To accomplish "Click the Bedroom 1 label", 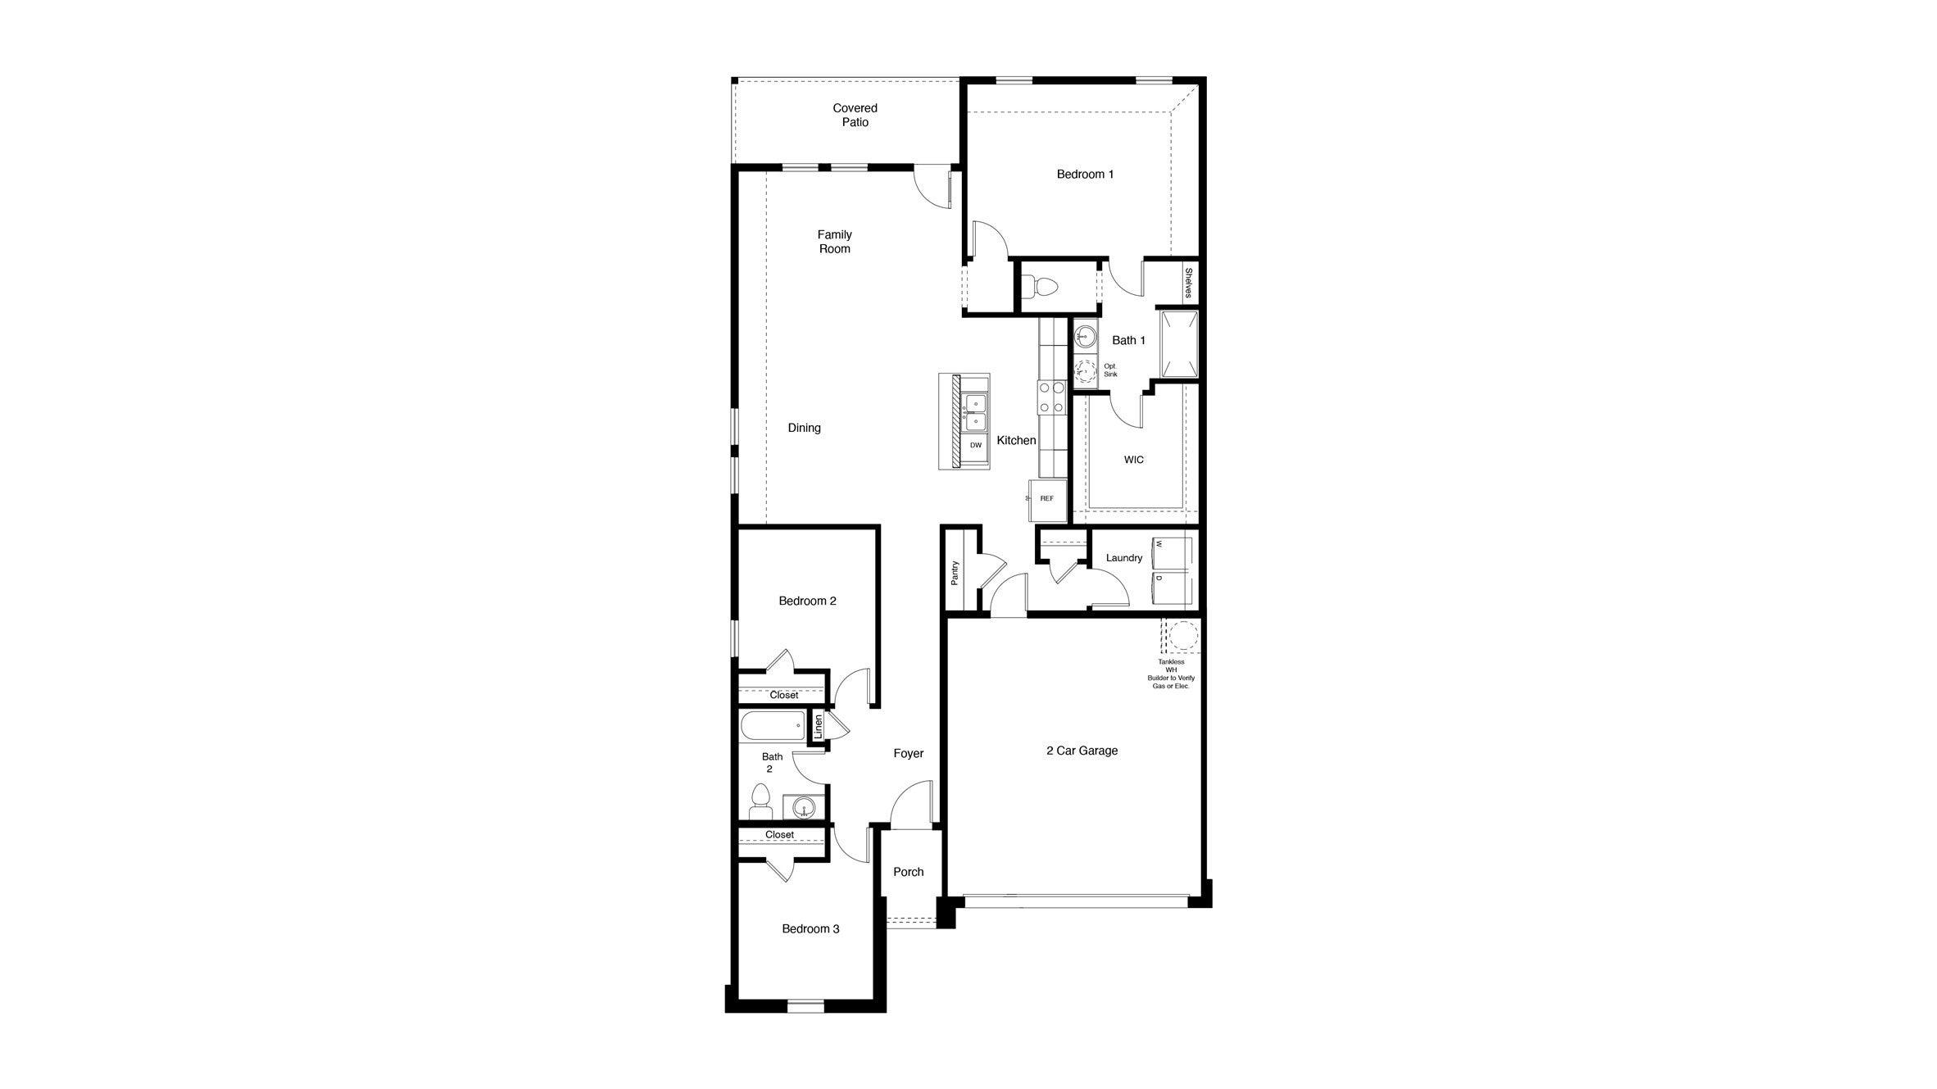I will [1085, 175].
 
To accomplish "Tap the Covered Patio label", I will [855, 115].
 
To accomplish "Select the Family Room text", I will [834, 242].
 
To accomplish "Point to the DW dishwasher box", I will [975, 446].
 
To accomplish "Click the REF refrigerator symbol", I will [1047, 499].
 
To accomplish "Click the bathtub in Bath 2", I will [773, 726].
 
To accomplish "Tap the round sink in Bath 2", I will [805, 807].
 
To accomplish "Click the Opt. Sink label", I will [1110, 370].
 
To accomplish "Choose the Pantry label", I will [955, 572].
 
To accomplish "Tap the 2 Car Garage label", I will [1082, 751].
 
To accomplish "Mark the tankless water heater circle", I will [1181, 636].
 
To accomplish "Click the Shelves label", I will [1188, 284].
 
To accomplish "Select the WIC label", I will [1133, 460].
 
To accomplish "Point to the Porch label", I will [908, 872].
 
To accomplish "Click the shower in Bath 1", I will [1179, 344].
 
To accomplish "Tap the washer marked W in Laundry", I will [1172, 553].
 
